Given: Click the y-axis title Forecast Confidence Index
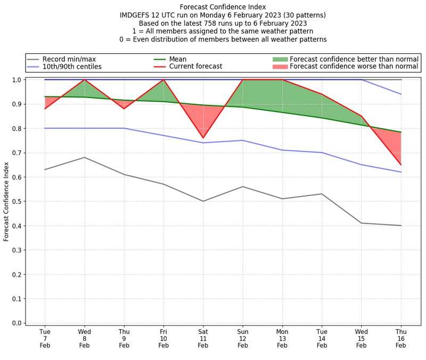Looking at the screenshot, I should point(6,202).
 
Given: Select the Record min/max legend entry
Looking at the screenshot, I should point(69,59).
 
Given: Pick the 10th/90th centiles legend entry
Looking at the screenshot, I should point(72,67).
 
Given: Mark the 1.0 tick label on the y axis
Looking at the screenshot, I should point(18,80).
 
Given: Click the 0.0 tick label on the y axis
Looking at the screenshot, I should point(18,323).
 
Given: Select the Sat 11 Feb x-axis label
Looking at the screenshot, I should point(203,338).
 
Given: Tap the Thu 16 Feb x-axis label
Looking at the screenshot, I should point(400,338).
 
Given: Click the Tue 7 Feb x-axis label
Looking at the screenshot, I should point(45,338).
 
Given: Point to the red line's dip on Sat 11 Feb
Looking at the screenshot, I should point(203,138).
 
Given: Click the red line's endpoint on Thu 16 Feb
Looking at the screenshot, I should point(400,165).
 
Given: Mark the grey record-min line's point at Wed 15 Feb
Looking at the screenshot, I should point(361,223).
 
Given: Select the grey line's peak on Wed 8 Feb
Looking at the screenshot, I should point(84,157).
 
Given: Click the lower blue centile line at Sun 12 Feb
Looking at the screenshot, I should point(242,141).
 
